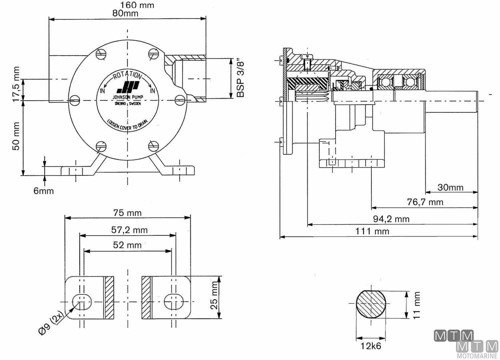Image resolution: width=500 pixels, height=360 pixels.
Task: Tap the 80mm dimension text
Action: [x=125, y=13]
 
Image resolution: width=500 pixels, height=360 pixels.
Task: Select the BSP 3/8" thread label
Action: [x=240, y=79]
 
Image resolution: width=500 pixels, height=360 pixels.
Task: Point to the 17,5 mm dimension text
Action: [x=16, y=85]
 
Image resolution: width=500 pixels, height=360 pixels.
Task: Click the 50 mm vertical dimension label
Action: [x=16, y=136]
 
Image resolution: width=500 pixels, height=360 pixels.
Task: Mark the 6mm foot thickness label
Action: [x=44, y=191]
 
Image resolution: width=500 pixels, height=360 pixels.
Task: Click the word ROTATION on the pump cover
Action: [x=127, y=76]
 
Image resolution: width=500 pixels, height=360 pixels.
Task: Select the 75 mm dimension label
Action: [x=127, y=213]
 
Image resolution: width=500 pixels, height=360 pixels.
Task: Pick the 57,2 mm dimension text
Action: [x=129, y=230]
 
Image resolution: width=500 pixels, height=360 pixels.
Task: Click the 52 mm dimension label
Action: [x=127, y=245]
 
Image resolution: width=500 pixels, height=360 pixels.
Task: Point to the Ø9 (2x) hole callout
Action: [x=51, y=323]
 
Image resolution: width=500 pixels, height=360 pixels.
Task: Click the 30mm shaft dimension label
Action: [x=450, y=187]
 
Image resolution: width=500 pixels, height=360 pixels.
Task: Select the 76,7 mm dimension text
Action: [x=425, y=202]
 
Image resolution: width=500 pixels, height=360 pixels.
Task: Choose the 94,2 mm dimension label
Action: [x=391, y=219]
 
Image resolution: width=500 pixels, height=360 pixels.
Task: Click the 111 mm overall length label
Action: [x=372, y=231]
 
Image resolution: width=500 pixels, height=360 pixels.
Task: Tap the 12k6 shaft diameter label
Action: [x=370, y=346]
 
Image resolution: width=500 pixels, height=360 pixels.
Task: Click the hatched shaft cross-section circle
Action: [x=371, y=304]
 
